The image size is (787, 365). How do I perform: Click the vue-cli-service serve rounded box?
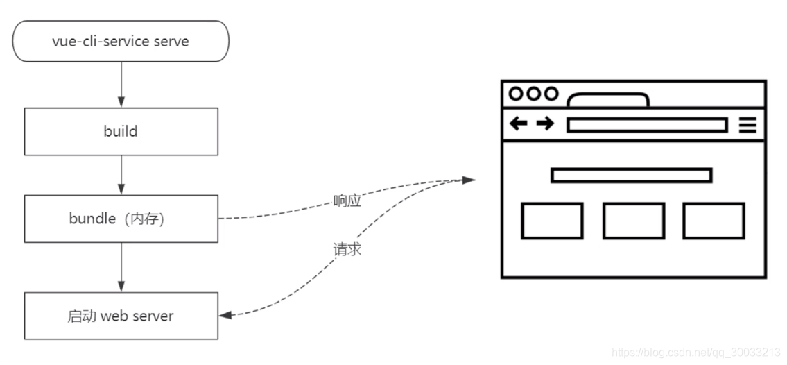coord(121,41)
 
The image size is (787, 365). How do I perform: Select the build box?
coord(121,131)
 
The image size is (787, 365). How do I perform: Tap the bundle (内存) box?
coord(121,219)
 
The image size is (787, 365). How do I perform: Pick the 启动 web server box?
coord(121,316)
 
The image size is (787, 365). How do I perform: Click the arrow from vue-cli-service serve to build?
coord(121,84)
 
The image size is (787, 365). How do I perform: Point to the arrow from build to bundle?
coord(121,174)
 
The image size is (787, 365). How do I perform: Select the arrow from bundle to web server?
coord(121,267)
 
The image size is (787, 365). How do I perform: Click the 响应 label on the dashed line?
coord(347,201)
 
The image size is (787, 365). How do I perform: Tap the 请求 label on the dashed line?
coord(347,249)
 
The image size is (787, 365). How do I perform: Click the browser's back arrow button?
coord(519,124)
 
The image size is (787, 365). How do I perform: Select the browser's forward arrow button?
coord(546,124)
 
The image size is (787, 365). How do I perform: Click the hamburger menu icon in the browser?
coord(747,125)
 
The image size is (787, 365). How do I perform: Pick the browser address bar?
coord(646,125)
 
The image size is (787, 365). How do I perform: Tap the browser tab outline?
coord(607,100)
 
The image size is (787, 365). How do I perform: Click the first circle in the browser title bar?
coord(517,94)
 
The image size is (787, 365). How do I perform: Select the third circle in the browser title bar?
coord(551,94)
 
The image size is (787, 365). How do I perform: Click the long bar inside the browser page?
coord(631,175)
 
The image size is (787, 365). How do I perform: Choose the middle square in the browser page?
coord(633,221)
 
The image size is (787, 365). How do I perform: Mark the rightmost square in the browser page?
coord(714,221)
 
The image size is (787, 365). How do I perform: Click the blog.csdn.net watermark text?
coord(696,353)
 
